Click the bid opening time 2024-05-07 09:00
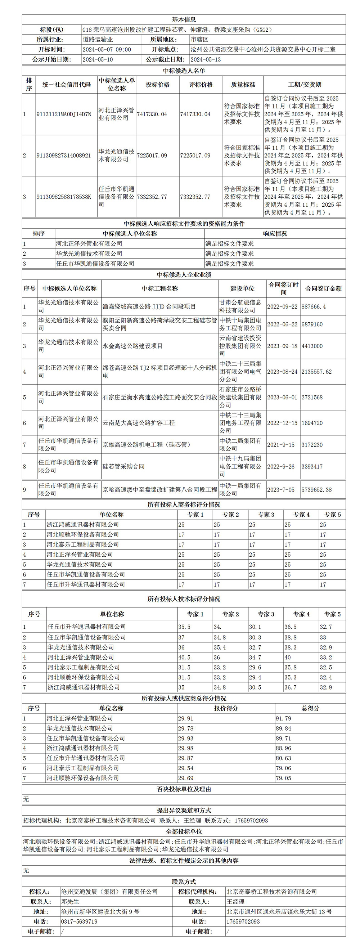click(106, 49)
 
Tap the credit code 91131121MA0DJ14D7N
click(63, 114)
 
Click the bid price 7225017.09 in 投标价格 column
click(152, 156)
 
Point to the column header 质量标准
click(243, 85)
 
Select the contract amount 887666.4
click(314, 306)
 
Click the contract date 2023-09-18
click(282, 346)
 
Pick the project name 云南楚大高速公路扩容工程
click(139, 423)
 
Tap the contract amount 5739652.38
click(316, 489)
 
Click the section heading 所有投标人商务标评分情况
click(184, 504)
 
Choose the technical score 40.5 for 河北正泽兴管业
click(184, 657)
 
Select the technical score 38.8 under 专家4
click(290, 637)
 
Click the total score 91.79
click(283, 718)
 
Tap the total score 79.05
click(283, 778)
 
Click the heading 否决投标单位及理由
click(184, 789)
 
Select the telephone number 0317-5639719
click(79, 921)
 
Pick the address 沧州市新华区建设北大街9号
click(100, 911)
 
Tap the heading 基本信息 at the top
click(184, 19)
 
